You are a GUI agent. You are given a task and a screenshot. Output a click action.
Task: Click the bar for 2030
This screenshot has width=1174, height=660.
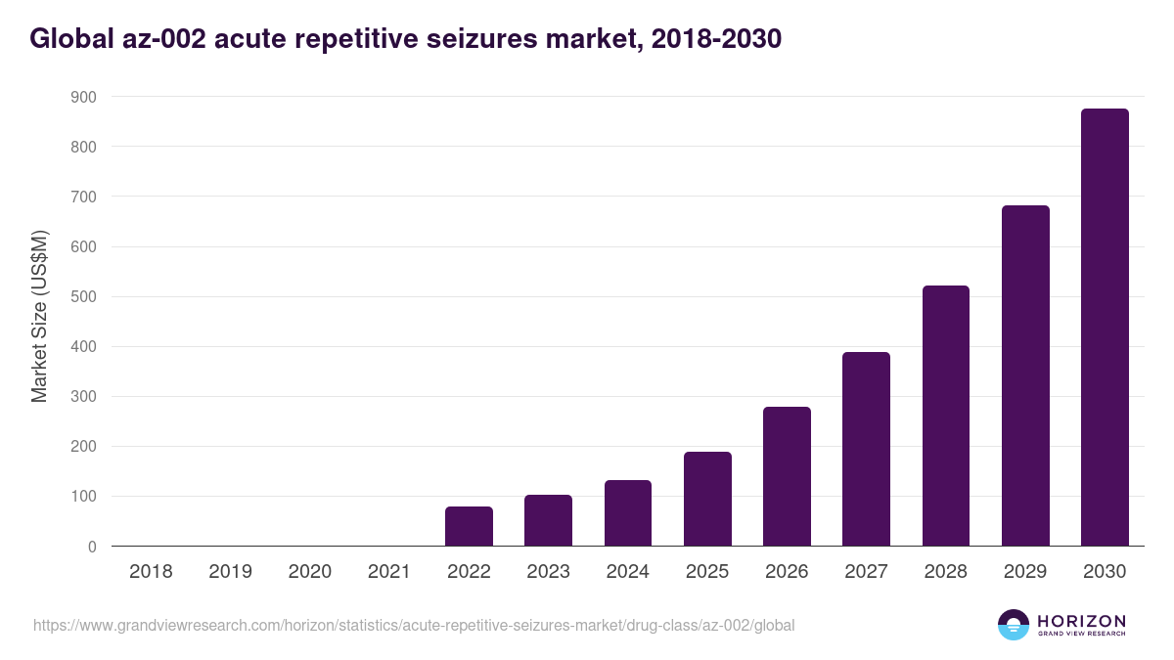[1105, 328]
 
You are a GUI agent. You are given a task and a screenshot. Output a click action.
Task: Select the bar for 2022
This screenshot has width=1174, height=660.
[469, 526]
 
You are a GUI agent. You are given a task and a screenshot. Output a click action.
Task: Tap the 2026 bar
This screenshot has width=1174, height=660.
[787, 476]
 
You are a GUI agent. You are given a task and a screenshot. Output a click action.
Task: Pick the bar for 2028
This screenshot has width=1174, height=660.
[946, 416]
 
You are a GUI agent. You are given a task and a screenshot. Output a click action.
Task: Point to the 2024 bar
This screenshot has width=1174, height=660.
[628, 513]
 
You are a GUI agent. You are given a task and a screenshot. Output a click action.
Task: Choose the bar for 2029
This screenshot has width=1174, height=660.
[1025, 375]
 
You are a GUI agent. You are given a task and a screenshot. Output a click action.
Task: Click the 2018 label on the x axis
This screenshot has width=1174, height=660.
[151, 572]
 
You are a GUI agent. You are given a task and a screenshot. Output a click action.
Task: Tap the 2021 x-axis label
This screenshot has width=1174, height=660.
[388, 572]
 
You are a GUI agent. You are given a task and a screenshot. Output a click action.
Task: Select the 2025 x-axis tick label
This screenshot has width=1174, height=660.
[707, 572]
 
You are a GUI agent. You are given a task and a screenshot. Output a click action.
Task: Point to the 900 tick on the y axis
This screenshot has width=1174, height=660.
[83, 97]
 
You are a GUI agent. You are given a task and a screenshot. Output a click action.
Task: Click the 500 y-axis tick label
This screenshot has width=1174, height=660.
[83, 296]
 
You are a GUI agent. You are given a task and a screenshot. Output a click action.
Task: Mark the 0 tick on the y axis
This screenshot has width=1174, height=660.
[92, 547]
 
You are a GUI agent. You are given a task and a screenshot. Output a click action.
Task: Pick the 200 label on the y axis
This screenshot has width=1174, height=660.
[83, 447]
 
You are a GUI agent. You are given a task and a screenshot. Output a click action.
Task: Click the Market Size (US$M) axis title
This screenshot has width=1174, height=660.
[39, 315]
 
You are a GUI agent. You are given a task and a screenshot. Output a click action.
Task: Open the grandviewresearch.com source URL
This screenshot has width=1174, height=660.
[414, 625]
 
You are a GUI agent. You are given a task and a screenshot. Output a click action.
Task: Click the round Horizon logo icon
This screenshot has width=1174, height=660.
[1014, 625]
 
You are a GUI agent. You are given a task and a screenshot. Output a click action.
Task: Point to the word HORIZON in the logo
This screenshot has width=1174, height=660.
[1081, 620]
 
